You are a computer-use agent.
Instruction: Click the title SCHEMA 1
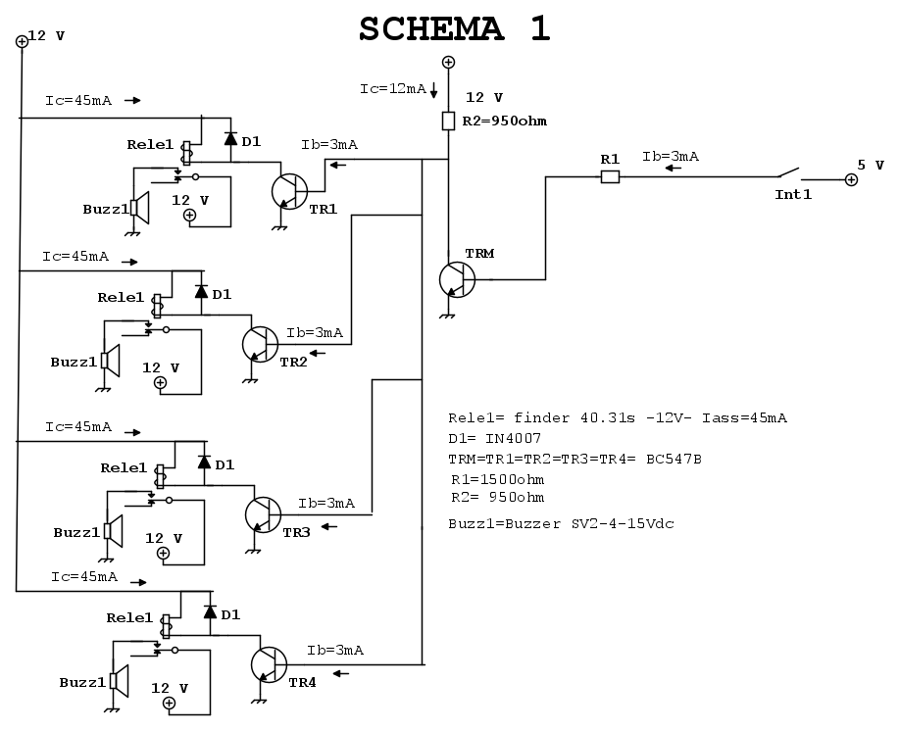[454, 29]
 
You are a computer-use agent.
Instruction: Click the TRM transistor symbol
[457, 279]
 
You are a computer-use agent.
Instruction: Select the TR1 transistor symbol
[288, 191]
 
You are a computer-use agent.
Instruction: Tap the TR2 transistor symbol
[260, 343]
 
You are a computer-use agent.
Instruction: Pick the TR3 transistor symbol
[262, 513]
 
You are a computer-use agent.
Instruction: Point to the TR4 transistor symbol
[269, 664]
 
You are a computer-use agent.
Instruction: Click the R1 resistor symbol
[610, 177]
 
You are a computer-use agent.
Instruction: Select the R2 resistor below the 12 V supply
[448, 121]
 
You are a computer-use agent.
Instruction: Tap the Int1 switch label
[793, 195]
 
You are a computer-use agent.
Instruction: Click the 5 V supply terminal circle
[850, 180]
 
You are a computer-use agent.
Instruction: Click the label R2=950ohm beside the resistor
[506, 122]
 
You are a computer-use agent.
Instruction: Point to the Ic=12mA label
[392, 88]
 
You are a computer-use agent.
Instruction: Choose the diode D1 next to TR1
[230, 139]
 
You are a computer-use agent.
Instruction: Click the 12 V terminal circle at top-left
[22, 41]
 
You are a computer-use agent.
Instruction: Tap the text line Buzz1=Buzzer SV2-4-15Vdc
[561, 524]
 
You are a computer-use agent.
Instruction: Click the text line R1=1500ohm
[498, 480]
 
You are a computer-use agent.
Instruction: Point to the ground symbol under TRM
[448, 316]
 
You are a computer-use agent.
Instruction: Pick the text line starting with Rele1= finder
[617, 418]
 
